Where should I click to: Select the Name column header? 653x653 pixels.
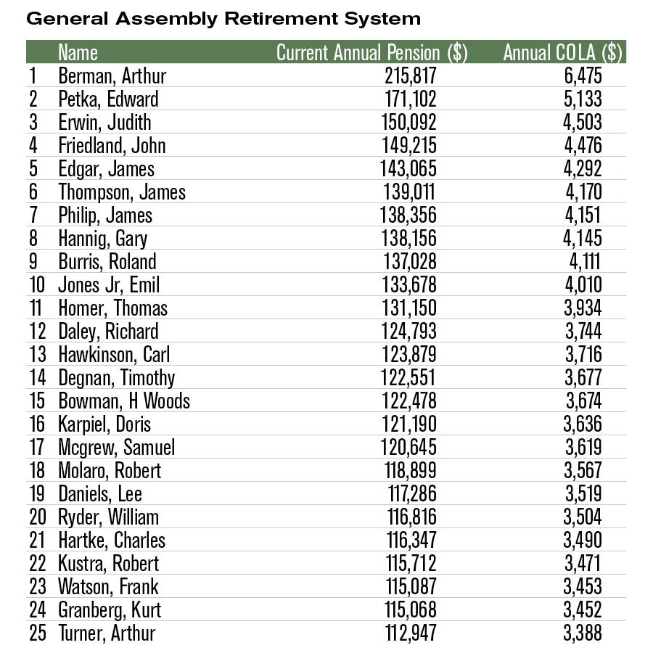tap(78, 53)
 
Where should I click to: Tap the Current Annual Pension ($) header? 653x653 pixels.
tap(371, 53)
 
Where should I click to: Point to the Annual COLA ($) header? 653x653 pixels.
tap(563, 53)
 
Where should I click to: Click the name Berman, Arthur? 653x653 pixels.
tap(112, 76)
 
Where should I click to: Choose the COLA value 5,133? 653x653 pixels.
tap(582, 99)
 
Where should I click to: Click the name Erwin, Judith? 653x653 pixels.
tap(105, 123)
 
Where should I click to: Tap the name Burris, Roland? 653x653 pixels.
tap(107, 262)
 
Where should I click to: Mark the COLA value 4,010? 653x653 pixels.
tap(582, 285)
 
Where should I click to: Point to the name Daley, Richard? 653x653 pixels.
tap(108, 332)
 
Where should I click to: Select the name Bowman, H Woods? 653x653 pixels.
tap(124, 401)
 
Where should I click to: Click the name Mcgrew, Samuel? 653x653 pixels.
tap(117, 448)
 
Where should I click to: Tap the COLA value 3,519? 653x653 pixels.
tap(582, 494)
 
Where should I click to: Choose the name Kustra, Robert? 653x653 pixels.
tap(109, 564)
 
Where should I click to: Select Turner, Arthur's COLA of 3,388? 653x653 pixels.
tap(582, 633)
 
